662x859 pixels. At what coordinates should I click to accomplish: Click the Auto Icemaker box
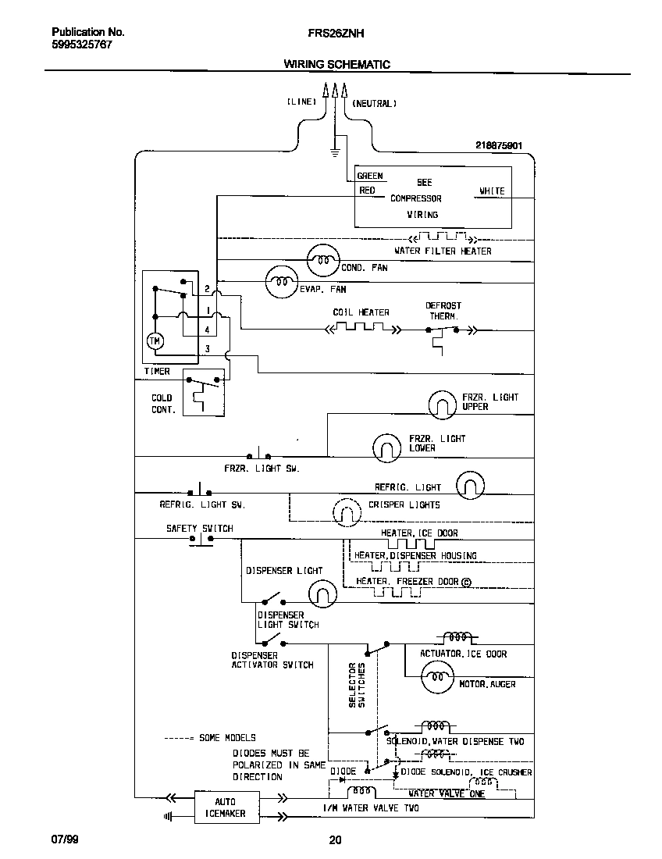click(x=226, y=807)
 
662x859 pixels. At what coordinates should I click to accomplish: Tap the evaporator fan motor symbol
click(x=282, y=281)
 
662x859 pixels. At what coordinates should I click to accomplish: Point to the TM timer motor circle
click(x=155, y=340)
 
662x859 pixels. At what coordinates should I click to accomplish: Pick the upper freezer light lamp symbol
click(x=443, y=405)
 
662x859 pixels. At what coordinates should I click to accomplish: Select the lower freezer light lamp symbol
click(x=386, y=446)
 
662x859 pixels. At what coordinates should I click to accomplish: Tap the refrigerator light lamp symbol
click(x=470, y=485)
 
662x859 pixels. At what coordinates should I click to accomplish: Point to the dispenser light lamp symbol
click(x=322, y=594)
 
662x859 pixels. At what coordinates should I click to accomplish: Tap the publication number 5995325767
click(x=82, y=45)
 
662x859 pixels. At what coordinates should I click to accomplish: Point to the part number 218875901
click(x=498, y=145)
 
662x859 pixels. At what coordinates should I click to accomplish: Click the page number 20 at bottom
click(x=335, y=840)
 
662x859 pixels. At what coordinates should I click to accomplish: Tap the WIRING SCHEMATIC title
click(x=336, y=65)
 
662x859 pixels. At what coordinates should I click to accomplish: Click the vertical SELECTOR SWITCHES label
click(x=357, y=685)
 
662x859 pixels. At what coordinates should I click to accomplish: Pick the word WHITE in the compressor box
click(x=491, y=191)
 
